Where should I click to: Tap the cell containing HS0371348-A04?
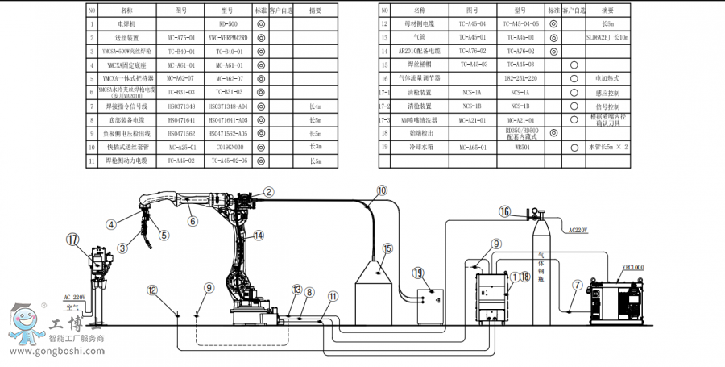click(x=228, y=106)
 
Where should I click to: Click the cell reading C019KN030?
click(x=228, y=147)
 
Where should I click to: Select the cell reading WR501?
click(x=520, y=148)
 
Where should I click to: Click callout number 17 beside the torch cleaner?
click(x=73, y=239)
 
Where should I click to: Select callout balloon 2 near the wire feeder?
click(x=269, y=191)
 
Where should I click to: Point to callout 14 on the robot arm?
click(x=259, y=236)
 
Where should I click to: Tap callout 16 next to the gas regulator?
click(x=505, y=212)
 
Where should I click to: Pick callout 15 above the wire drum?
click(x=387, y=248)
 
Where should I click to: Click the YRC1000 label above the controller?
click(x=633, y=267)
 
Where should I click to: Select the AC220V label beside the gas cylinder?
click(x=579, y=230)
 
